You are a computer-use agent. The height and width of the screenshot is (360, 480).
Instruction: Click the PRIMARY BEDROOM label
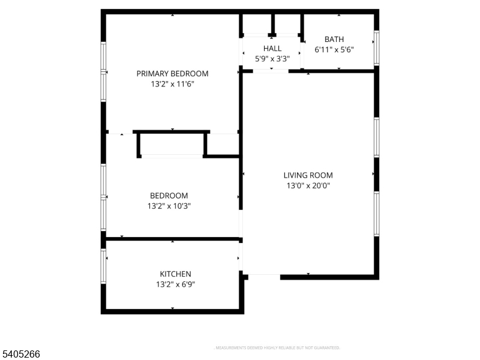click(172, 74)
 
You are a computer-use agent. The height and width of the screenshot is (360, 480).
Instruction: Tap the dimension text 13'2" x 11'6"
click(172, 85)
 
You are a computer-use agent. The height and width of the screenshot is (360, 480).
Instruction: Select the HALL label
click(272, 48)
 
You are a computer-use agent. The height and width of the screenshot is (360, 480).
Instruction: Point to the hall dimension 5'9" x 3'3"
click(272, 58)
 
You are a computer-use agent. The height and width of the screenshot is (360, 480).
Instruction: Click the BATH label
click(334, 40)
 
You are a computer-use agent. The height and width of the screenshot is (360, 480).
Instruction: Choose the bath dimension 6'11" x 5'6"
click(334, 50)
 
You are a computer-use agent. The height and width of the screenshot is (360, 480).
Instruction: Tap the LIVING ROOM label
click(308, 175)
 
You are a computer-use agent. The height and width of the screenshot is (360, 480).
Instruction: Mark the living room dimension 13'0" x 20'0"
click(308, 186)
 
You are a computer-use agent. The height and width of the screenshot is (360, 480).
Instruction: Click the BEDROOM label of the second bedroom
click(169, 196)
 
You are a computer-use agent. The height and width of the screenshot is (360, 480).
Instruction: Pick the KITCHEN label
click(175, 274)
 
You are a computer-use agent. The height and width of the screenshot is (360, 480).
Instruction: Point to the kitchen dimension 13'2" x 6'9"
click(175, 284)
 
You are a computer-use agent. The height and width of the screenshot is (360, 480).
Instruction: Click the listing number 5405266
click(20, 355)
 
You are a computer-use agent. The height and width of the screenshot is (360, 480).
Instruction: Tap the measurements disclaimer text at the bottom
click(277, 348)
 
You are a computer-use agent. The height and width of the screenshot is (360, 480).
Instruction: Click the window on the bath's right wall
click(377, 47)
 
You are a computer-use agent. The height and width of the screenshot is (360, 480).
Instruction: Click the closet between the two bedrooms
click(172, 144)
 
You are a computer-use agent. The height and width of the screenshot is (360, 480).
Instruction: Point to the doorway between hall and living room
click(270, 71)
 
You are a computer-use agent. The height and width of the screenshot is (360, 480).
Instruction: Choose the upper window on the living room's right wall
click(377, 137)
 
